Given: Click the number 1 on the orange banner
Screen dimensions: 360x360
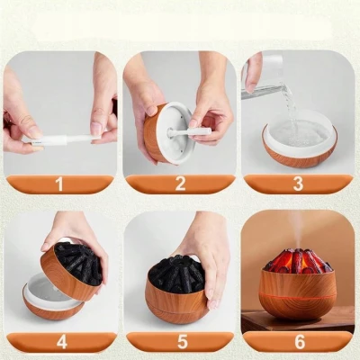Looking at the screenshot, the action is pyautogui.click(x=59, y=184).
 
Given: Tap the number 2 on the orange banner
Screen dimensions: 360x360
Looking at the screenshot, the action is pyautogui.click(x=180, y=184).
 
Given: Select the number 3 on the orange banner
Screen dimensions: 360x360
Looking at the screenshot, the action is pyautogui.click(x=298, y=184).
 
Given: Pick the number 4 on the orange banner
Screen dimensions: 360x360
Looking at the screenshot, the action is pyautogui.click(x=61, y=342).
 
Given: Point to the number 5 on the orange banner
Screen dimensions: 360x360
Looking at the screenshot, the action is pyautogui.click(x=181, y=342).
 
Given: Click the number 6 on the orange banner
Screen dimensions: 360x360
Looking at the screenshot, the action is pyautogui.click(x=300, y=342).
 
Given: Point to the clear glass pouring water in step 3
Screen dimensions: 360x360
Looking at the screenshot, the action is pyautogui.click(x=264, y=78).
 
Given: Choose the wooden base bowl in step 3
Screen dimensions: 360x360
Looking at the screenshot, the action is pyautogui.click(x=300, y=153).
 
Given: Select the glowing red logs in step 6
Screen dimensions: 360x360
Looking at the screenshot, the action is pyautogui.click(x=298, y=261).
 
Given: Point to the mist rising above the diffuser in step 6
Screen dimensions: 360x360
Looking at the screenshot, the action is pyautogui.click(x=299, y=232).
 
